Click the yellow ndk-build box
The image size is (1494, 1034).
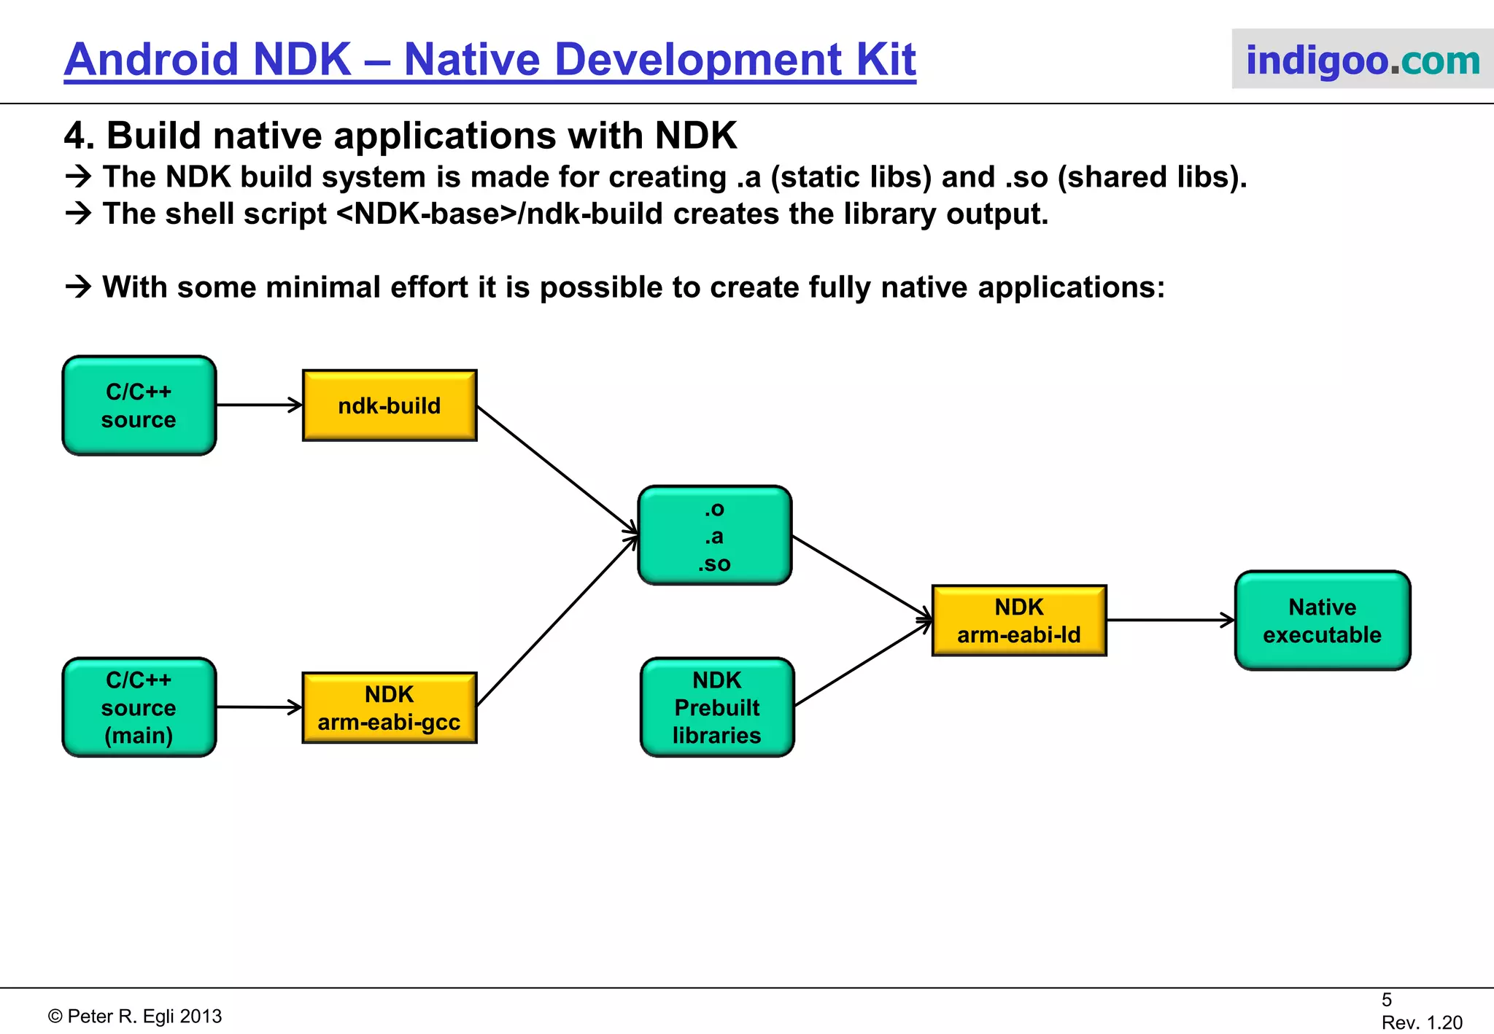pos(390,405)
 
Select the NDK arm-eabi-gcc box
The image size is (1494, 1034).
pos(390,707)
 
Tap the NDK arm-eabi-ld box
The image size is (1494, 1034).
pos(1019,621)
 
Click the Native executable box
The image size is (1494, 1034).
pos(1322,621)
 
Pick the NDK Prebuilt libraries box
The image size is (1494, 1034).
pos(717,707)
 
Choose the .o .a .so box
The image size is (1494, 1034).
pos(715,536)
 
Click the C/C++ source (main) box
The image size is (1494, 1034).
pos(139,707)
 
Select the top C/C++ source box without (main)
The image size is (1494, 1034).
pos(139,405)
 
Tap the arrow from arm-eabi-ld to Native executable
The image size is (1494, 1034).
pos(1170,621)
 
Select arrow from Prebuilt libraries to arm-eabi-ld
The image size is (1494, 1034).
pos(862,664)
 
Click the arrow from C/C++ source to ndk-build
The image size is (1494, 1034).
pos(259,405)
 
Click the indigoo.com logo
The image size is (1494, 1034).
pos(1362,60)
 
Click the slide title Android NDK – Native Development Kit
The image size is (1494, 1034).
pos(489,60)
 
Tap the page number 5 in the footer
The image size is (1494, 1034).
pos(1387,1000)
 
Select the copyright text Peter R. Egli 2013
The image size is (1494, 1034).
pos(136,1016)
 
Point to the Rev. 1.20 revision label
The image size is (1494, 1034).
pos(1422,1022)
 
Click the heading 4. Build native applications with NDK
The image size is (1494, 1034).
pos(400,136)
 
